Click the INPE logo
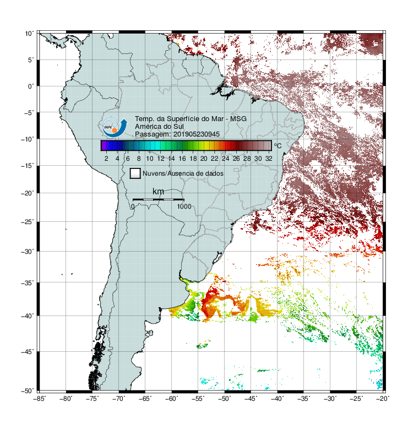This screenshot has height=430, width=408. coord(115,127)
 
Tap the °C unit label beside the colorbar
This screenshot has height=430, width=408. coord(278,145)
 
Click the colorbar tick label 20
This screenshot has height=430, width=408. coord(204,159)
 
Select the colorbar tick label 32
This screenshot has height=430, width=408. coord(269,159)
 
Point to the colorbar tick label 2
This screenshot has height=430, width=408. coord(106,159)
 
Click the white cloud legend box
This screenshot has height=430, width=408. coord(135,173)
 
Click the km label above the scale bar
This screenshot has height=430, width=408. coord(158,192)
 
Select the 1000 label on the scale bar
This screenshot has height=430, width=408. coord(184,206)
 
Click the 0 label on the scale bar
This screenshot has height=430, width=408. coord(133,206)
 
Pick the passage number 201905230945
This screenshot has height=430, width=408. coord(197,134)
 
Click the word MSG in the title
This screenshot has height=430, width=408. coord(238,119)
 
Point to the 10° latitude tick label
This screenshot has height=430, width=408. coord(29,34)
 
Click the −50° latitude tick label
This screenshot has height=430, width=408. coord(28,391)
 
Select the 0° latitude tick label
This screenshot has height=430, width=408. coord(31,86)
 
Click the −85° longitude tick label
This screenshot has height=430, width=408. coord(40,399)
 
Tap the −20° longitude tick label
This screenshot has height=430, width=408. coord(383,399)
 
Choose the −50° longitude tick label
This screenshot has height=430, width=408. coord(225,399)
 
